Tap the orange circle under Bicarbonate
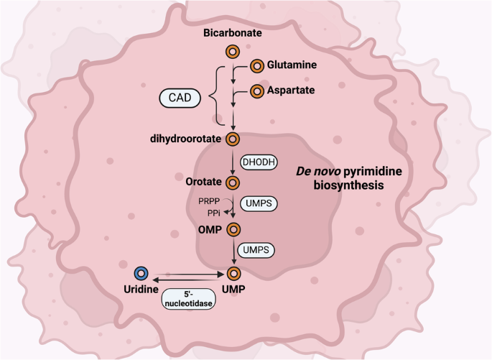pyautogui.click(x=233, y=52)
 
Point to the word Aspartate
pyautogui.click(x=292, y=91)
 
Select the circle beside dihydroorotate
pyautogui.click(x=233, y=139)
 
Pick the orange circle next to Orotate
pyautogui.click(x=233, y=183)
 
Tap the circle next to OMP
pyautogui.click(x=233, y=229)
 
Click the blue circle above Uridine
pyautogui.click(x=141, y=273)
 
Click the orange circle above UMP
pyautogui.click(x=233, y=273)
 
